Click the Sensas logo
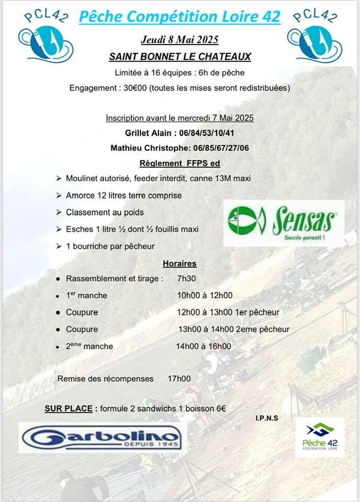284,223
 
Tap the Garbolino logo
103,437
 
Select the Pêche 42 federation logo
320,437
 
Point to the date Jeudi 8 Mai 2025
179,40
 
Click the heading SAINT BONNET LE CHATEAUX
180,56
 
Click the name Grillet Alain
149,133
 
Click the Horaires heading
179,264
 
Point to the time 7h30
187,279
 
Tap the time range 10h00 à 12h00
205,295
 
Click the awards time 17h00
179,379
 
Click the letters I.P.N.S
267,418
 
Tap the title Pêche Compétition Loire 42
179,17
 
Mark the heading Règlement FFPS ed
179,163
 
